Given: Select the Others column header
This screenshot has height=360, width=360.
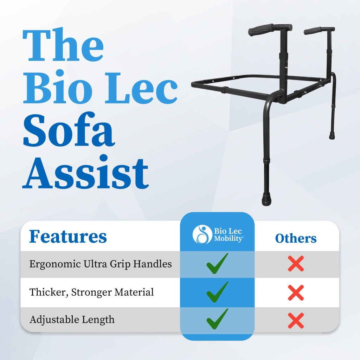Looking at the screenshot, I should [296, 238].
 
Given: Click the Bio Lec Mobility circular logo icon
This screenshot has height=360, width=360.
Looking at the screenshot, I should [202, 234].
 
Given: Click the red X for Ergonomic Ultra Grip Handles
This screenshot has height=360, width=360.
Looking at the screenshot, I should [296, 264].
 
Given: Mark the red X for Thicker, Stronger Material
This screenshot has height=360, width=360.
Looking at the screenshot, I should [296, 292].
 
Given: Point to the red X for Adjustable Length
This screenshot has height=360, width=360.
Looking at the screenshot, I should [296, 320].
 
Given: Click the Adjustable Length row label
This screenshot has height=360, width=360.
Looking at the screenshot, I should [72, 320].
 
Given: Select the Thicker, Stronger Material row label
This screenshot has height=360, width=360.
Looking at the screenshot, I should [92, 292].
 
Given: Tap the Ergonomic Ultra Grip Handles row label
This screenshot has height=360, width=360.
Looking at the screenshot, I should [101, 264].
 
